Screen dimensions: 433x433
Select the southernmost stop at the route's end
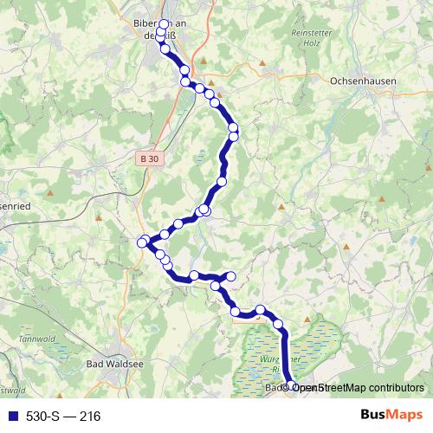pyautogui.click(x=293, y=387)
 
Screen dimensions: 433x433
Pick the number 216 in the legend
pyautogui.click(x=89, y=417)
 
